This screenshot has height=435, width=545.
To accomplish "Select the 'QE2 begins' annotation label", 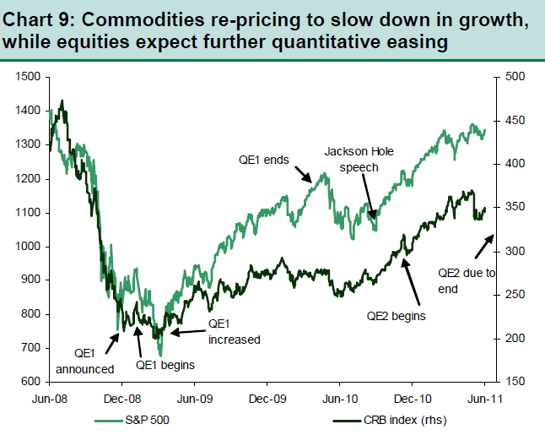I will click(x=396, y=315).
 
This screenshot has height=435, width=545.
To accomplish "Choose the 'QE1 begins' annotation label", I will click(x=166, y=365).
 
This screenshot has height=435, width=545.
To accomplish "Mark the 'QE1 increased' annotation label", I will click(x=234, y=331).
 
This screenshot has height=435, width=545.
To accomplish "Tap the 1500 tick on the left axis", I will click(x=28, y=77).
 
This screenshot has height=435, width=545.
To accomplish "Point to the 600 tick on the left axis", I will click(x=31, y=382).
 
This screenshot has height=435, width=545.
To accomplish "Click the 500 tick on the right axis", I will click(x=515, y=77).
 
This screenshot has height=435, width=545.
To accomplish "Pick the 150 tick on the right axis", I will click(x=515, y=382).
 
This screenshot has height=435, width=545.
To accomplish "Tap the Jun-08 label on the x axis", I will click(x=50, y=397).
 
